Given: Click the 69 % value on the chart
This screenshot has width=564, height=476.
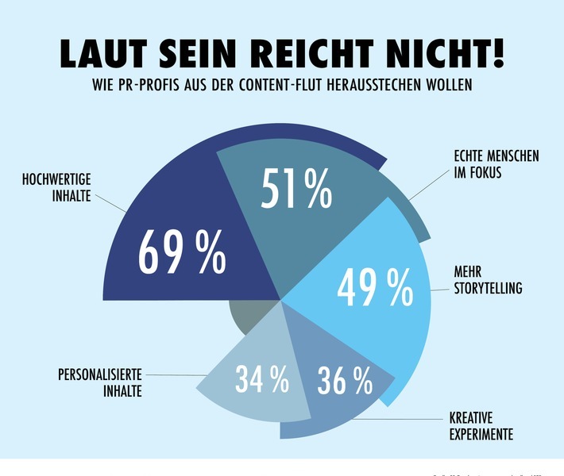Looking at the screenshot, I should point(182,252).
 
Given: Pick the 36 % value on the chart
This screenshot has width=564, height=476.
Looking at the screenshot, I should point(344,382).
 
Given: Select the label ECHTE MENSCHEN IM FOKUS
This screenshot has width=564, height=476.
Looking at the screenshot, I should point(490,163).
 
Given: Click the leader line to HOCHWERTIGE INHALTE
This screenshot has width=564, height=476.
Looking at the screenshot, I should point(110,202).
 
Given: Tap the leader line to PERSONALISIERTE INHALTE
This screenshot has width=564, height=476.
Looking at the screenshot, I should point(175,375).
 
